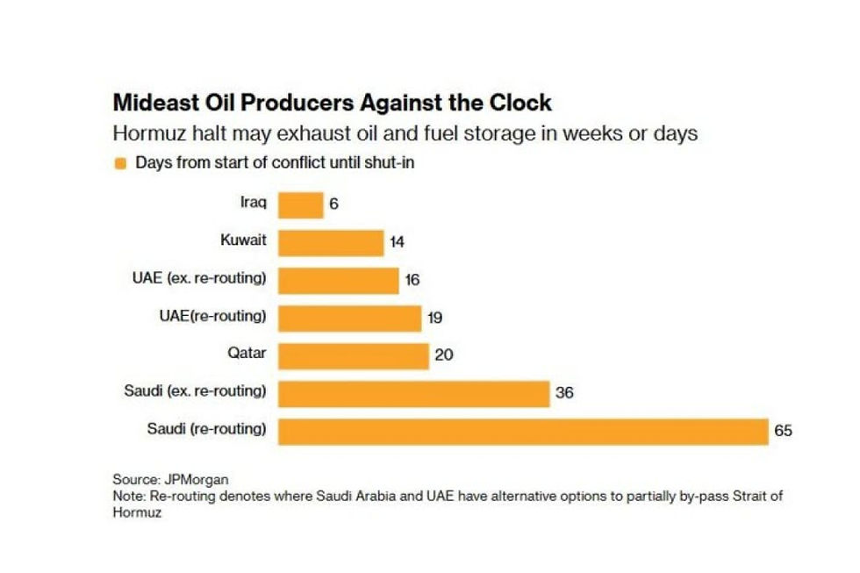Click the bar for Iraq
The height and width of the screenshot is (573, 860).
pyautogui.click(x=301, y=204)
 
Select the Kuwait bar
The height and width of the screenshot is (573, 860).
pyautogui.click(x=331, y=242)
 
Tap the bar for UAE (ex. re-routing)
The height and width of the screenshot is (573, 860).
pyautogui.click(x=339, y=280)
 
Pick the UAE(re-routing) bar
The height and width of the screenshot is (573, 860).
pyautogui.click(x=350, y=318)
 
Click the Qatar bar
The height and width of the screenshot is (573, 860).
pyautogui.click(x=354, y=355)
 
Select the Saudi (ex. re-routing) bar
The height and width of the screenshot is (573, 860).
pyautogui.click(x=413, y=393)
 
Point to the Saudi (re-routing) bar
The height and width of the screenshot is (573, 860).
pyautogui.click(x=523, y=431)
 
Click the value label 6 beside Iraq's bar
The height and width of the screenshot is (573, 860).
pyautogui.click(x=334, y=204)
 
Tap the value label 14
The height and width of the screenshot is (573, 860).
pyautogui.click(x=398, y=242)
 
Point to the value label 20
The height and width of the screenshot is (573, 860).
pyautogui.click(x=443, y=355)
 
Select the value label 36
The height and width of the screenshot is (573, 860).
pyautogui.click(x=564, y=393)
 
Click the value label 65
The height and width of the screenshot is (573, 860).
pyautogui.click(x=784, y=431)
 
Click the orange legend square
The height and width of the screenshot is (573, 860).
pyautogui.click(x=120, y=163)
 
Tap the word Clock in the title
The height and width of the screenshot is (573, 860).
pyautogui.click(x=518, y=103)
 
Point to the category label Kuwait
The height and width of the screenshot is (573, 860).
pyautogui.click(x=243, y=239)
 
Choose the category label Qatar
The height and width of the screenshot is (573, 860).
pyautogui.click(x=247, y=353)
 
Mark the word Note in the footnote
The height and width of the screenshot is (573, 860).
pyautogui.click(x=127, y=496)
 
